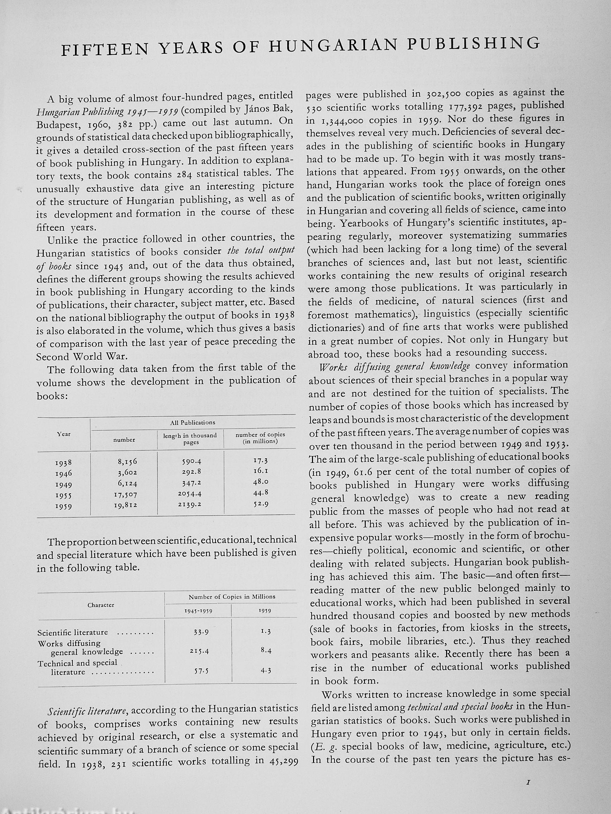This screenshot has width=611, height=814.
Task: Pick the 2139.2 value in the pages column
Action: click(189, 505)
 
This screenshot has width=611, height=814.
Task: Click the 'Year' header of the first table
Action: click(64, 434)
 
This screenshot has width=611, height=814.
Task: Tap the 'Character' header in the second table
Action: click(100, 605)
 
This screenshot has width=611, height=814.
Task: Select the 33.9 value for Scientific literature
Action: click(201, 632)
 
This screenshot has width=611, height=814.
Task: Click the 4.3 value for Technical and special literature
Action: click(266, 670)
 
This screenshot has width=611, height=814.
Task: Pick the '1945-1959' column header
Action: click(198, 611)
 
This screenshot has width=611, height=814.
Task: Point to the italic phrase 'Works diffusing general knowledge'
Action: click(395, 367)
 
